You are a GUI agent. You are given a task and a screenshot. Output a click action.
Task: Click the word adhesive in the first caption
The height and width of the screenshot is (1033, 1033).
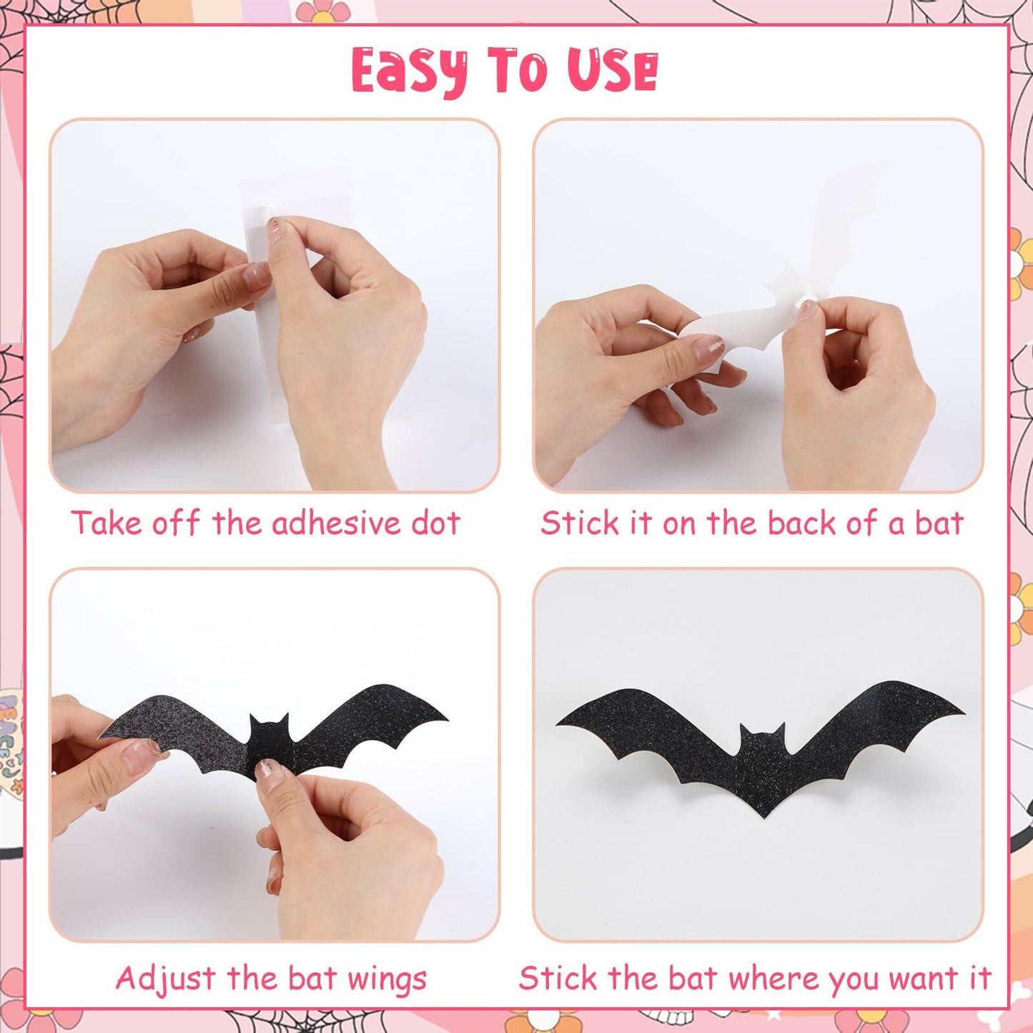[337, 523]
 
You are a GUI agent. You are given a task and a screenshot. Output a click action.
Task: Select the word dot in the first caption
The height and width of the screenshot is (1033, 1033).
[435, 523]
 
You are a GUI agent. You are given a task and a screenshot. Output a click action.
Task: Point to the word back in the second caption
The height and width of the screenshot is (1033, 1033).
[803, 523]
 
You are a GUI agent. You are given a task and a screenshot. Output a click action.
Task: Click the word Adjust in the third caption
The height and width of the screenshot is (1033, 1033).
[165, 979]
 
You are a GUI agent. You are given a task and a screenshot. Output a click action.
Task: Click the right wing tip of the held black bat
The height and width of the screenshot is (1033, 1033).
[445, 716]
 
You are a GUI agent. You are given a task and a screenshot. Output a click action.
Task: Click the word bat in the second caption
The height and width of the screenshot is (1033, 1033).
[939, 523]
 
